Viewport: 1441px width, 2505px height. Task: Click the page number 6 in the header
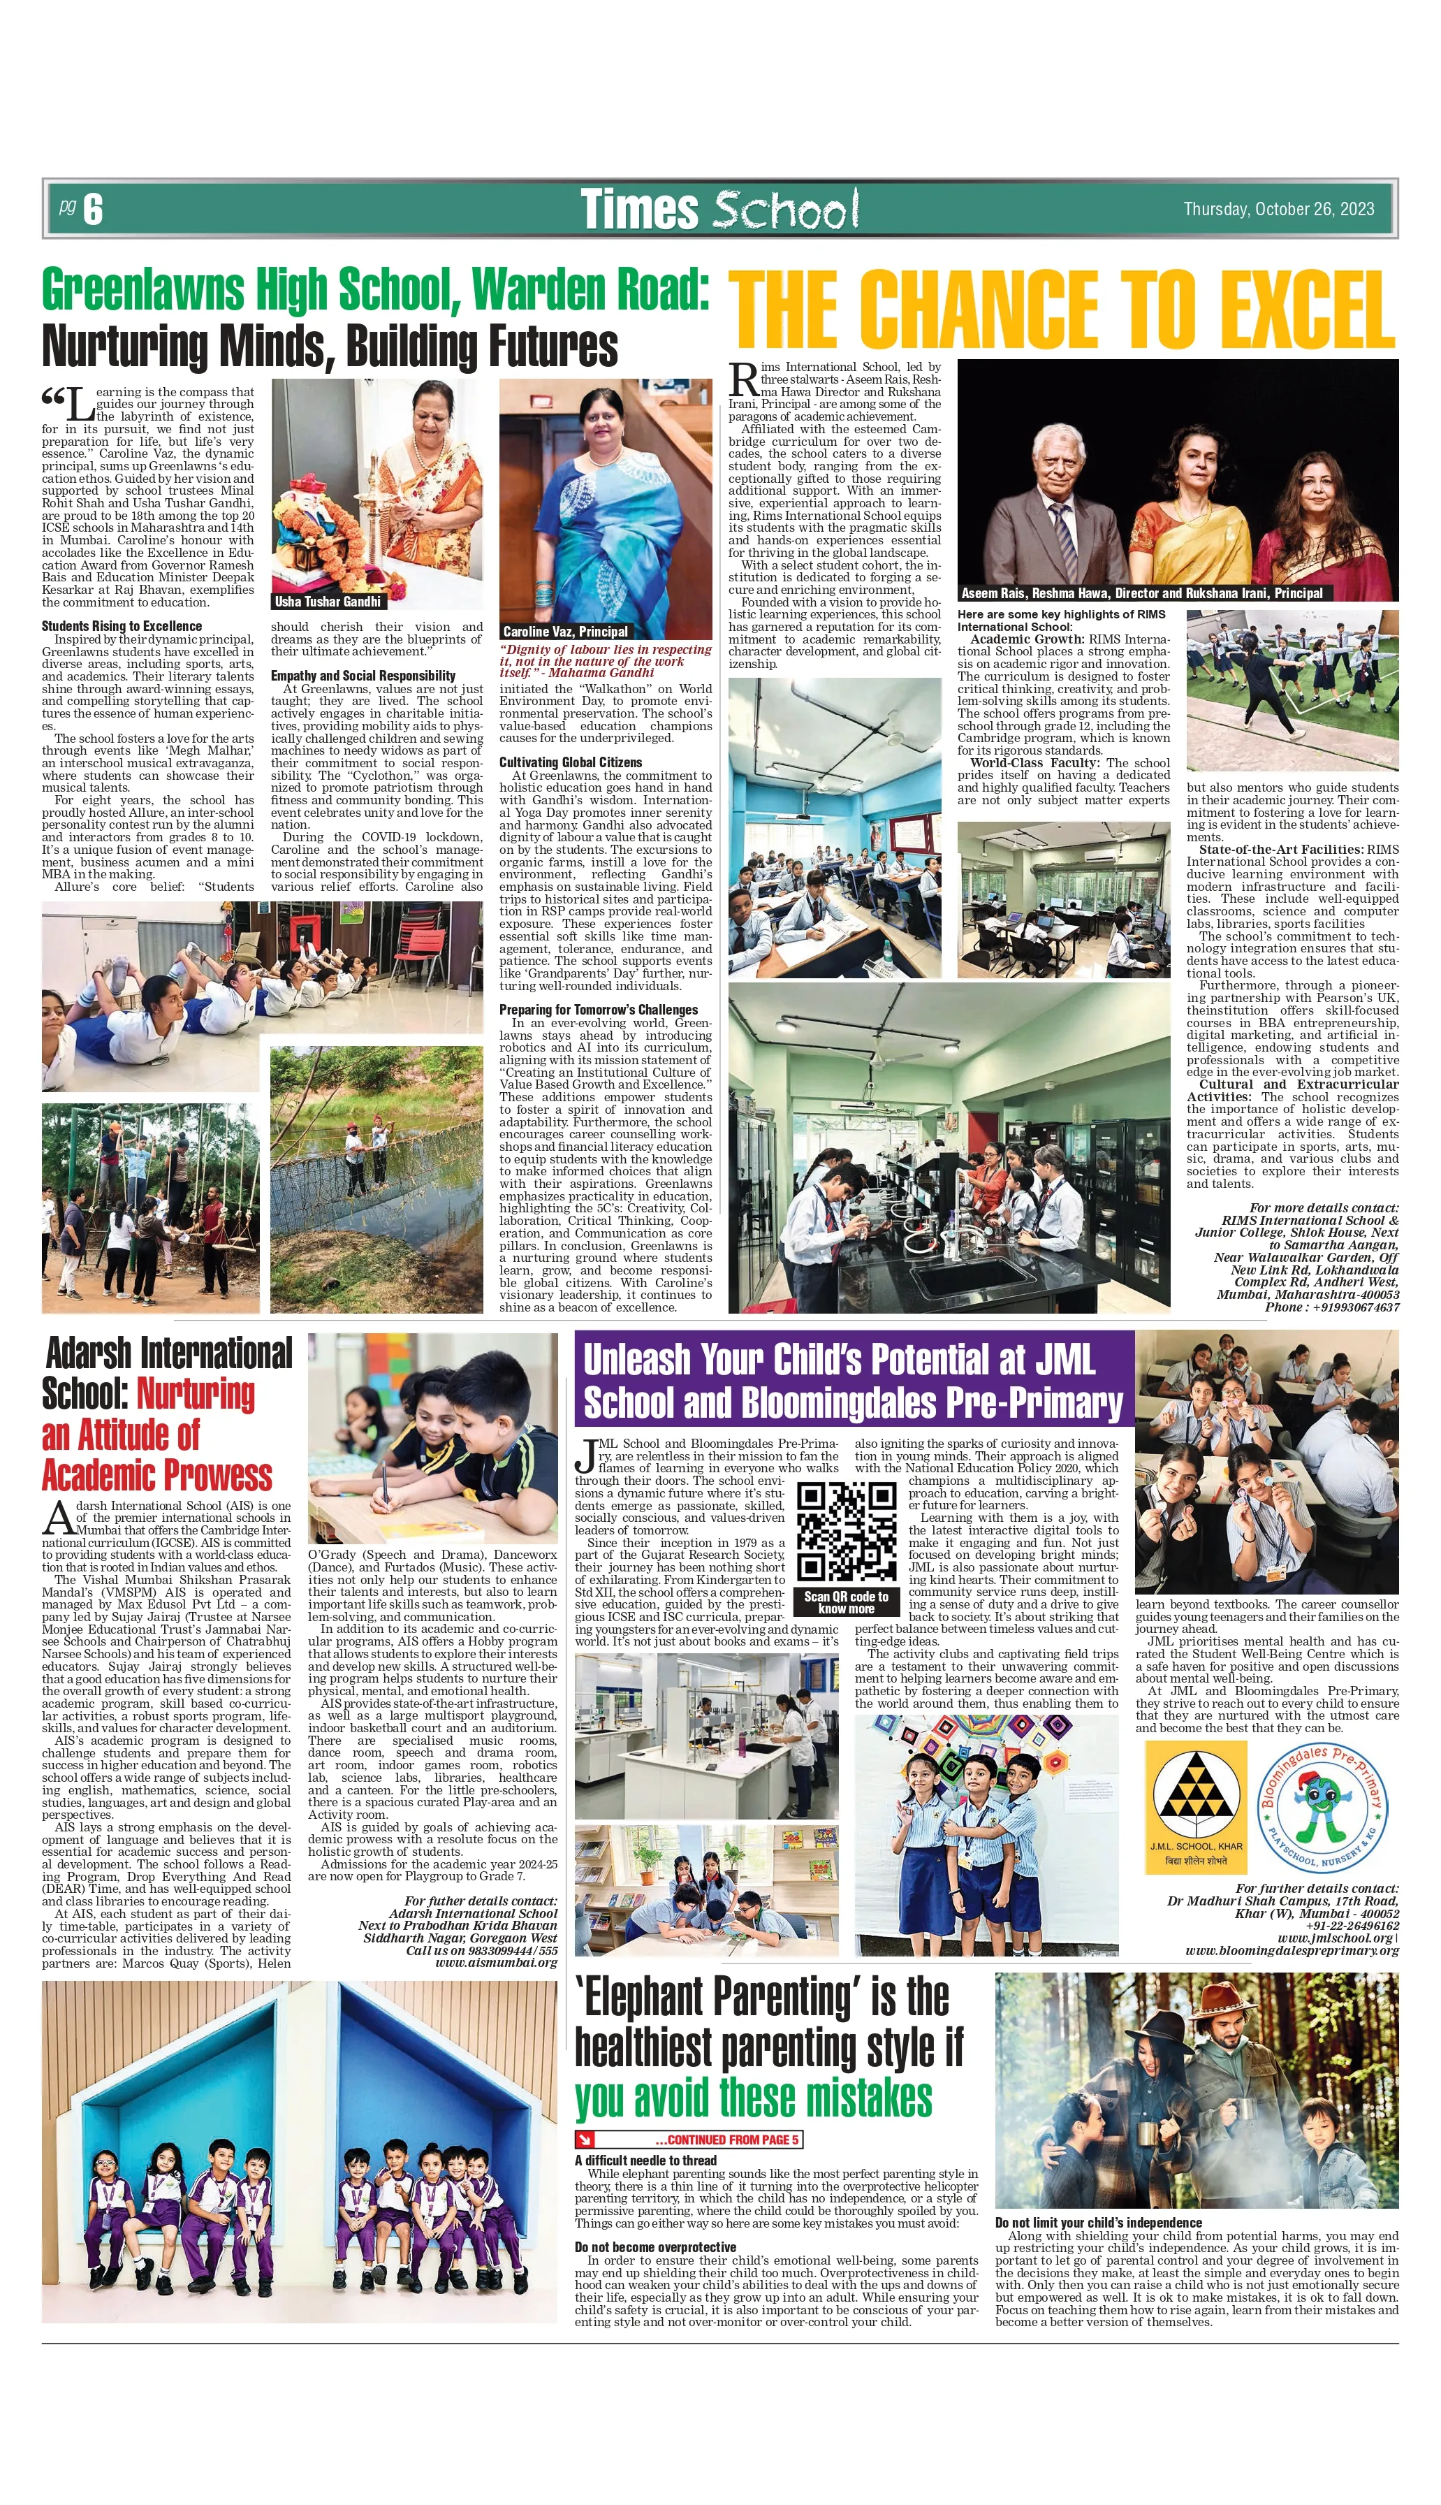[93, 210]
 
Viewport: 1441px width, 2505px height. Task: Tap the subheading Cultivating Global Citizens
[570, 762]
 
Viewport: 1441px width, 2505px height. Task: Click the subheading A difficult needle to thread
[645, 2161]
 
